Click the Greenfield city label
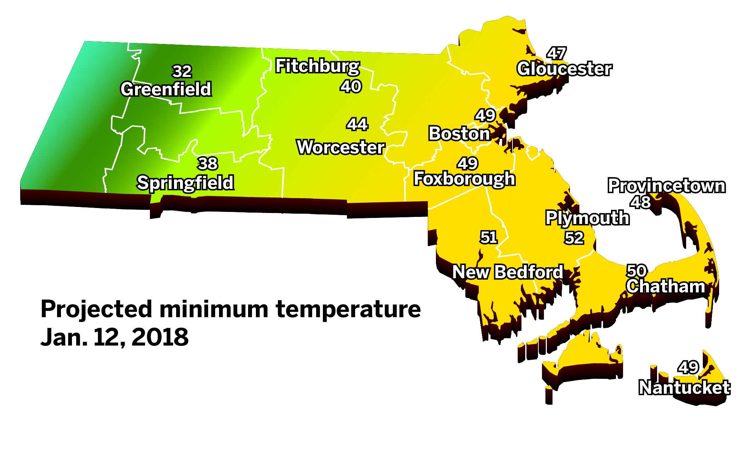166,89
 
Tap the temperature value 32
182,72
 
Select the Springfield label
185,183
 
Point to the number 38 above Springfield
208,164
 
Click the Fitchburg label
318,66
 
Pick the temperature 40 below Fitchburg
351,86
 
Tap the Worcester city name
341,147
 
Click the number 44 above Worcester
357,124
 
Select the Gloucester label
564,69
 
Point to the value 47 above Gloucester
556,54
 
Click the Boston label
459,134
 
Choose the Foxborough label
464,179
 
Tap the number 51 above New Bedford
489,237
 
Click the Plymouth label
587,218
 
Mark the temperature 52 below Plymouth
574,238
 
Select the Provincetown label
667,186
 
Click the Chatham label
666,286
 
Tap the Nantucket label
684,387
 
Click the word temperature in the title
348,309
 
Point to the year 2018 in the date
160,337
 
